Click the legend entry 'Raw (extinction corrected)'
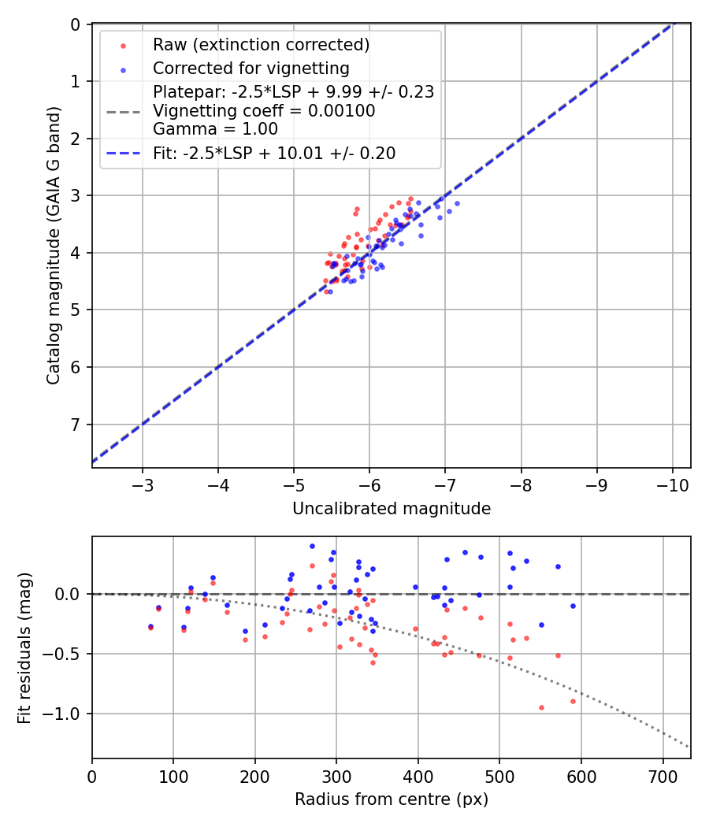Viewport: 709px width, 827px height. tap(261, 45)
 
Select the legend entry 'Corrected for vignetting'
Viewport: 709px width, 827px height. tap(251, 68)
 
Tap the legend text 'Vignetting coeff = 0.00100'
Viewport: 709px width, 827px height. tap(264, 111)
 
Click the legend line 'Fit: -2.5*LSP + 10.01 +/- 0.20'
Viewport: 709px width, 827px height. tap(274, 154)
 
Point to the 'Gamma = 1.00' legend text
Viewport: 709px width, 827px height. tap(215, 128)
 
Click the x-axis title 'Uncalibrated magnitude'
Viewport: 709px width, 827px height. tap(392, 509)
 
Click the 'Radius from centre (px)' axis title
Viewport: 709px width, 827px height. tap(392, 799)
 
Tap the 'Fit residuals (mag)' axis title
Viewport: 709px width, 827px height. tap(24, 646)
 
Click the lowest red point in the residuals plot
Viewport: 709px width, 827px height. tap(541, 707)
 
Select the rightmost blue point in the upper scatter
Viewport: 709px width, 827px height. tap(456, 203)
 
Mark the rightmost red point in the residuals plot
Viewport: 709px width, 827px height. tap(573, 701)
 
